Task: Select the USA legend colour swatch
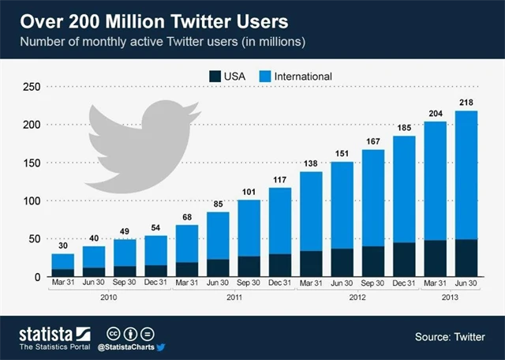pos(215,77)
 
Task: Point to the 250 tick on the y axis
pos(29,87)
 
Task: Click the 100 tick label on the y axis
pos(29,201)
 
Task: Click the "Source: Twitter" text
pos(451,337)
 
